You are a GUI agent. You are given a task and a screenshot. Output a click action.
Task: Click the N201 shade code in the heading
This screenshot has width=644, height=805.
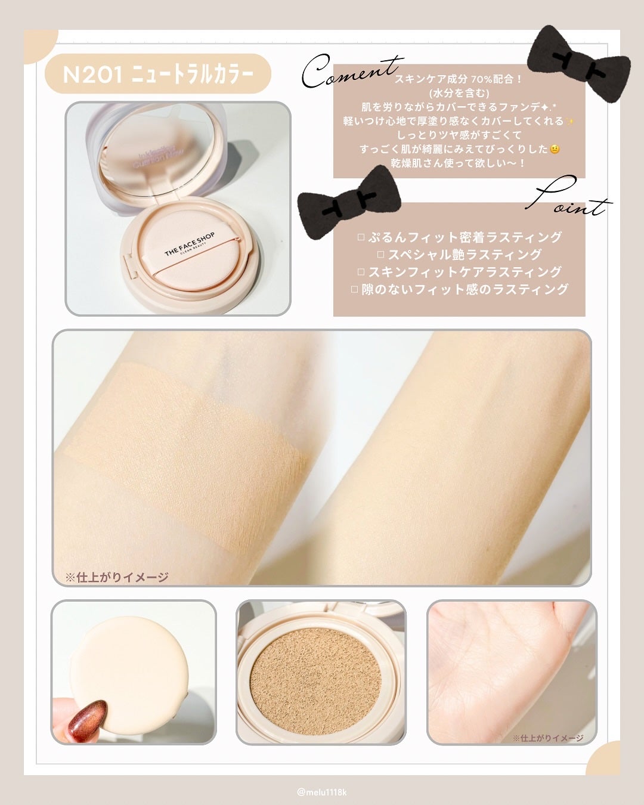click(92, 75)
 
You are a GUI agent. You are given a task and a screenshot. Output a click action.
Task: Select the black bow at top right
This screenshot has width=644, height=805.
click(578, 63)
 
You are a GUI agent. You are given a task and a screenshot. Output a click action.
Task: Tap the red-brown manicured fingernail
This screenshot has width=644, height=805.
click(87, 718)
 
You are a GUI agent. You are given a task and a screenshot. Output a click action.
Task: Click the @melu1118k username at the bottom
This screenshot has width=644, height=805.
click(322, 792)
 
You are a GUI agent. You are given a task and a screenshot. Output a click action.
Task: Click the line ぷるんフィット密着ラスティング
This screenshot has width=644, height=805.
click(459, 237)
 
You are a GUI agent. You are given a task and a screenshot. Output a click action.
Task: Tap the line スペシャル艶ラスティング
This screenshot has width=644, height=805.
click(459, 255)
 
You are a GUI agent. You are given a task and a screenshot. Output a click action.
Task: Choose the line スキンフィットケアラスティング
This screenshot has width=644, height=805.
click(459, 272)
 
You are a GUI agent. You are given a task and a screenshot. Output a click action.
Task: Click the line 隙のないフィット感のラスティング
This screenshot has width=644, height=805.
click(459, 289)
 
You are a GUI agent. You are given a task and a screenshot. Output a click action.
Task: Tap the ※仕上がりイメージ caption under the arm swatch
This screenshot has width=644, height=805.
click(117, 577)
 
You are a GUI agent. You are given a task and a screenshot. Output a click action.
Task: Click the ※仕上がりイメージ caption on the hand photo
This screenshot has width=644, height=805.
click(548, 738)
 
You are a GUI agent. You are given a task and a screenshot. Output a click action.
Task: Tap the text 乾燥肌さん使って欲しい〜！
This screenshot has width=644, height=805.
click(459, 163)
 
